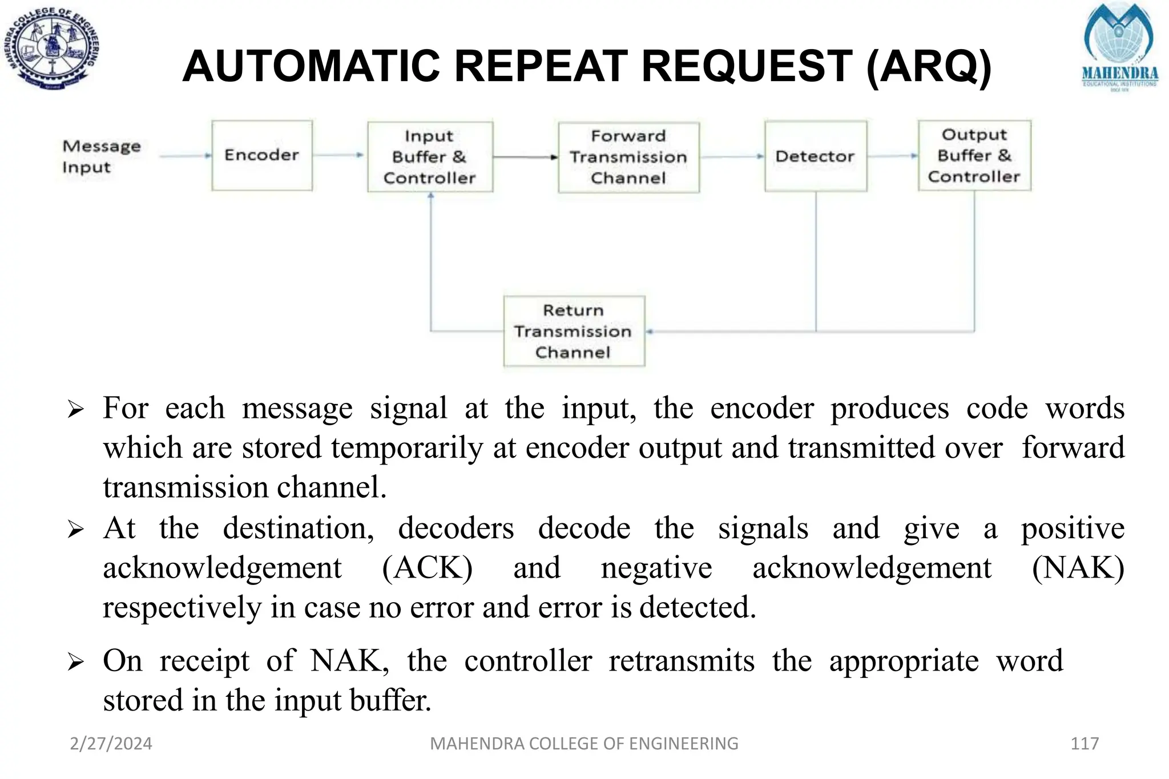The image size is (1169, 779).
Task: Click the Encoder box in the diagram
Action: click(x=262, y=155)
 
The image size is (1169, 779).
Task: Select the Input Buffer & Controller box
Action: click(x=430, y=157)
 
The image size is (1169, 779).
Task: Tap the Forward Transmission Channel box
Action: click(x=628, y=157)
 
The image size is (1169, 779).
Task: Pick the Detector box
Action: click(x=815, y=156)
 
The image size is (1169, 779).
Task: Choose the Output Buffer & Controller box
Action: click(x=974, y=155)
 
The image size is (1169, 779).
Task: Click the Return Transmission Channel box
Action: click(x=574, y=331)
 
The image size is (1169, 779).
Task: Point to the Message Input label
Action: click(x=101, y=156)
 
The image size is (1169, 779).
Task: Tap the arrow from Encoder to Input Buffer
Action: click(x=338, y=155)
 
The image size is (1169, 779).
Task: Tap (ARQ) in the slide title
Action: click(x=929, y=67)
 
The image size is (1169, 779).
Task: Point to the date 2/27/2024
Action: click(x=111, y=743)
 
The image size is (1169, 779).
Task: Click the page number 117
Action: click(x=1085, y=743)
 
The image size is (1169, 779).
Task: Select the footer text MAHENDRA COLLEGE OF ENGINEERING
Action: click(x=584, y=743)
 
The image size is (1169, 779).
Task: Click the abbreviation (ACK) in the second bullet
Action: click(x=427, y=568)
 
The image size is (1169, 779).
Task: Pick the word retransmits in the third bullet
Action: click(x=682, y=661)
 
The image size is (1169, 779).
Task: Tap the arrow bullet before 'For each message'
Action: click(x=75, y=409)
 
